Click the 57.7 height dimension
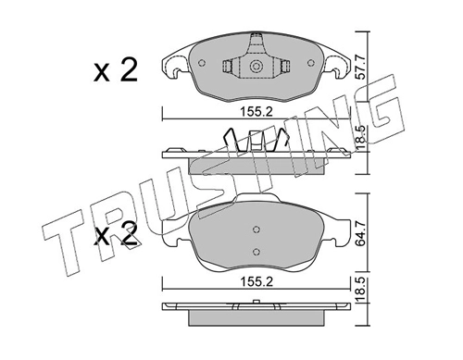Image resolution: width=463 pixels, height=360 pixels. (360, 67)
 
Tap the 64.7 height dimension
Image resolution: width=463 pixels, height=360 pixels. (360, 233)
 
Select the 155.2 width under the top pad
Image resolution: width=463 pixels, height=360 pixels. (257, 112)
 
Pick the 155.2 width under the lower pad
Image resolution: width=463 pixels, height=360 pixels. (257, 282)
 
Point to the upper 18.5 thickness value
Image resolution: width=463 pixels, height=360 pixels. (360, 138)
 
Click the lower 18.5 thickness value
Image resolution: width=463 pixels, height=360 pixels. (360, 290)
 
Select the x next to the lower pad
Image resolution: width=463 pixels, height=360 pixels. (102, 237)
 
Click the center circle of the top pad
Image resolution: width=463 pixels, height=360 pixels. (257, 67)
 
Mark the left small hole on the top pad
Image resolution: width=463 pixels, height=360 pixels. (202, 63)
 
